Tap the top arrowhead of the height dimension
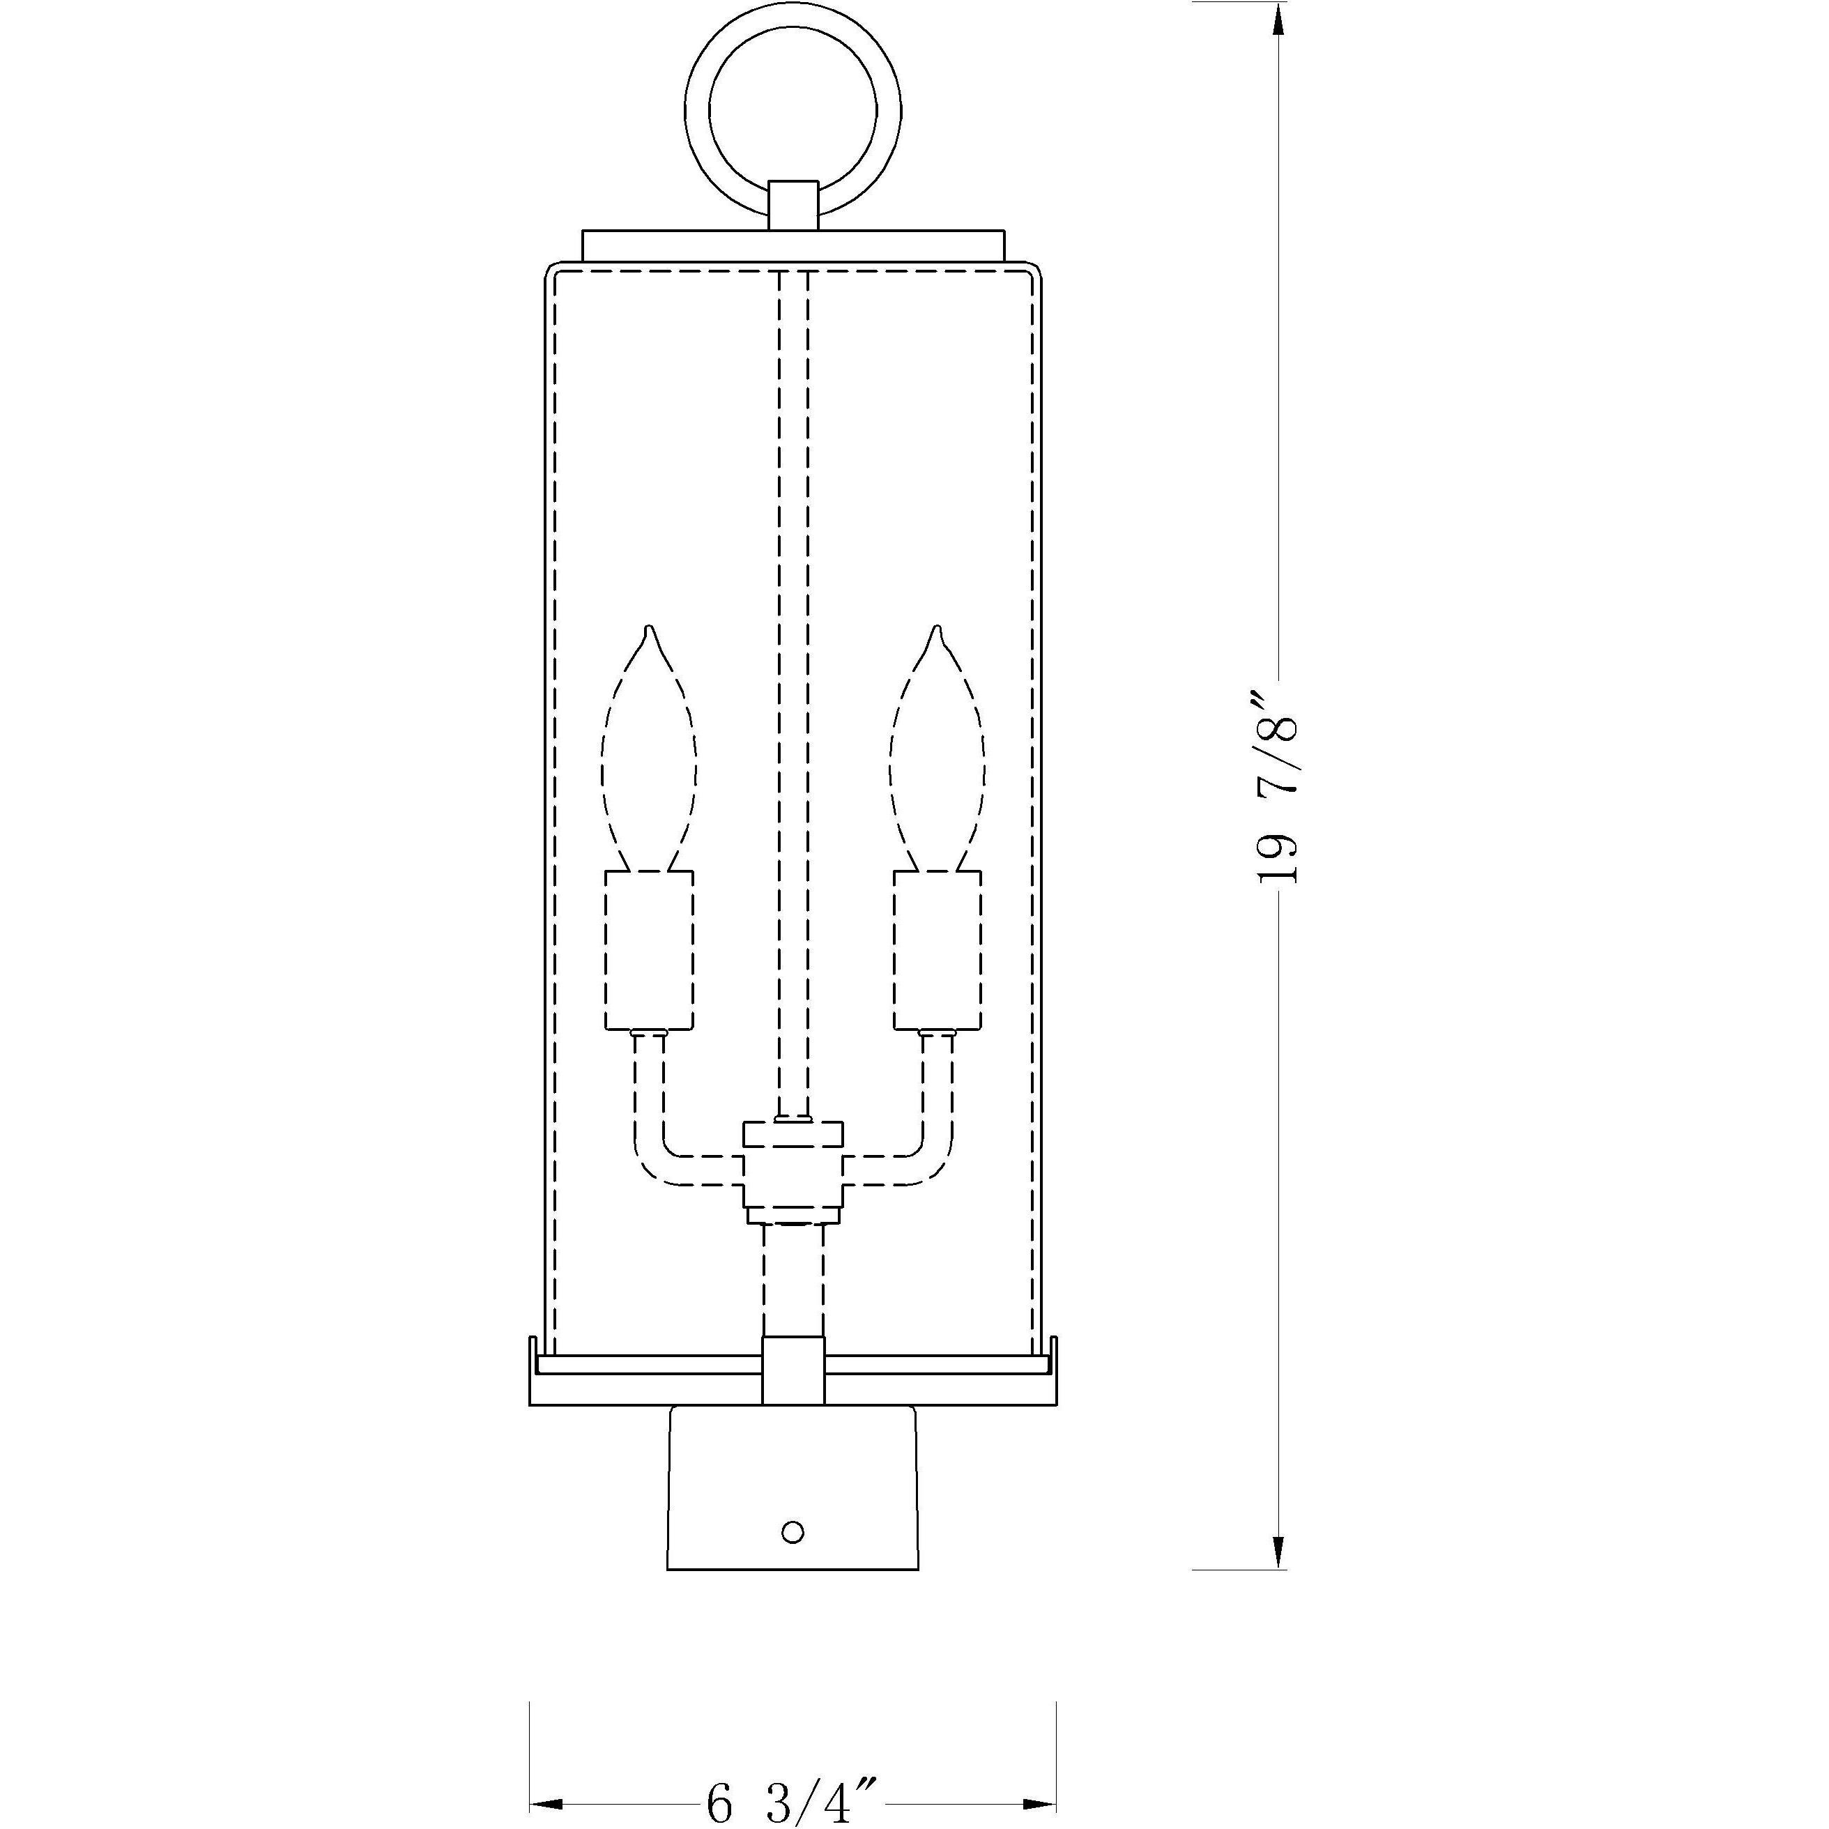coord(1278,19)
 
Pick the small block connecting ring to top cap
coord(793,206)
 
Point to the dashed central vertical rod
coord(793,663)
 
